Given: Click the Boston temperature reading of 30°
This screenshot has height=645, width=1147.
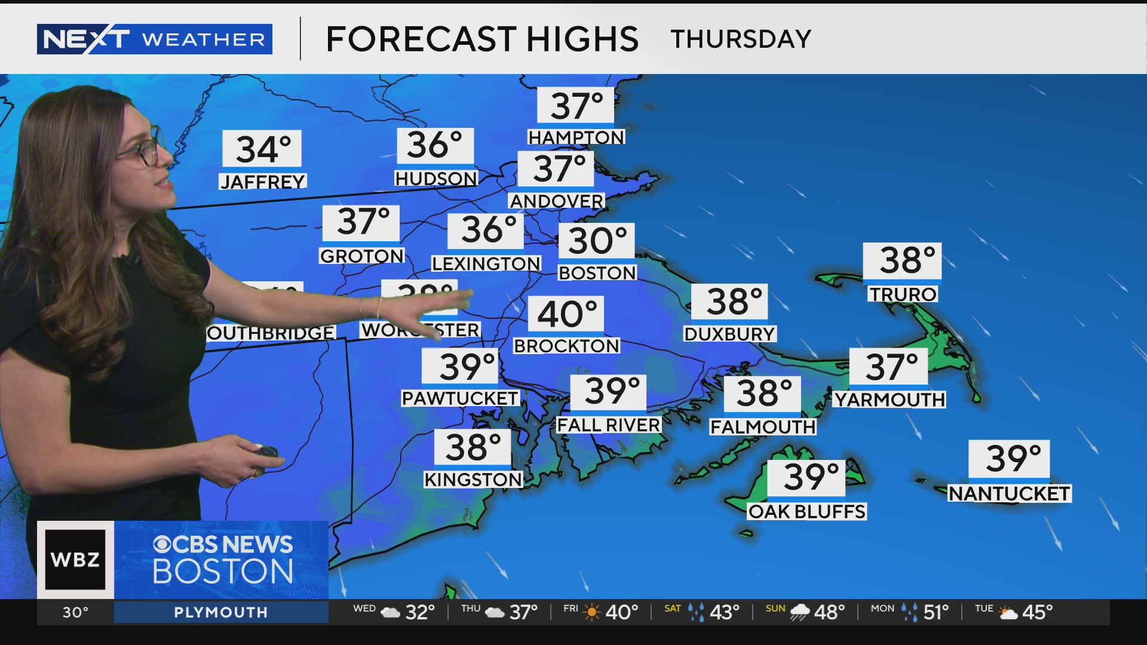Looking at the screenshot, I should pyautogui.click(x=597, y=241).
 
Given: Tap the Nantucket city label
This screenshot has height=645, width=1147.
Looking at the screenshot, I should pyautogui.click(x=1010, y=494).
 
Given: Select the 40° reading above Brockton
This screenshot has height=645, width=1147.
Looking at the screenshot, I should pyautogui.click(x=566, y=314).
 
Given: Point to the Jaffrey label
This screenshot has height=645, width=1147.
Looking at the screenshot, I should pyautogui.click(x=263, y=182).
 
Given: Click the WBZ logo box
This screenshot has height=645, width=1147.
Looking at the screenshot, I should pyautogui.click(x=75, y=560).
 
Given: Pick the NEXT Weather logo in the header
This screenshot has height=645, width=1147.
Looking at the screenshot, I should pyautogui.click(x=154, y=39).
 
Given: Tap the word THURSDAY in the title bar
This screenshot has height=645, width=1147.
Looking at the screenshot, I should pyautogui.click(x=741, y=39).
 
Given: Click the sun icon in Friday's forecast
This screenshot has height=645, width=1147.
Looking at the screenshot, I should pyautogui.click(x=591, y=612).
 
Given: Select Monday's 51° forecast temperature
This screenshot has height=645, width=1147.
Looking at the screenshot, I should pyautogui.click(x=936, y=612).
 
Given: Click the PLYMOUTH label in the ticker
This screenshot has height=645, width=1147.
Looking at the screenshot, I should pyautogui.click(x=220, y=612).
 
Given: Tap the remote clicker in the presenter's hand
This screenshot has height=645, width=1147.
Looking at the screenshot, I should pyautogui.click(x=266, y=454).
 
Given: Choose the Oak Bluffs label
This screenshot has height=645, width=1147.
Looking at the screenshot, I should pyautogui.click(x=806, y=512).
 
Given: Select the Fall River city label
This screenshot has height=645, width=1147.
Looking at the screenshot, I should pyautogui.click(x=608, y=425).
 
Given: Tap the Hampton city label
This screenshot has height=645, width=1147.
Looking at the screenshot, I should pyautogui.click(x=576, y=137).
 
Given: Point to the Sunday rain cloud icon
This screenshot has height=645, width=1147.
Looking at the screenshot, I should pyautogui.click(x=799, y=612).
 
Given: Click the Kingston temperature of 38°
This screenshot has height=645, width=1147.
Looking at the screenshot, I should pyautogui.click(x=473, y=447).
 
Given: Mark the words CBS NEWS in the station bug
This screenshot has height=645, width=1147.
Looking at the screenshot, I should pyautogui.click(x=223, y=544).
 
